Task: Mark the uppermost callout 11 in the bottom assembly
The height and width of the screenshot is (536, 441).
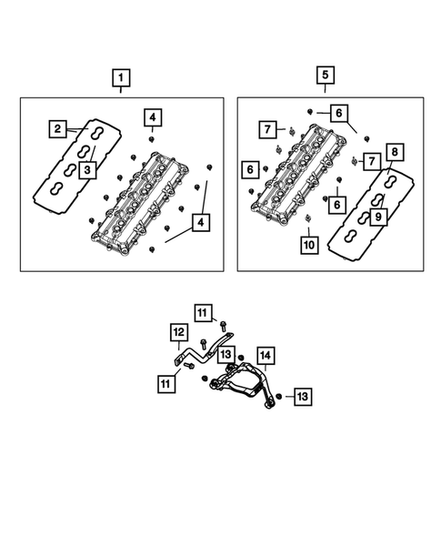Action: point(201,311)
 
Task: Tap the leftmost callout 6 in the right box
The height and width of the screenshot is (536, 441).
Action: point(249,169)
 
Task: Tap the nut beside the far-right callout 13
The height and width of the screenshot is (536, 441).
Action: point(280,397)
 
